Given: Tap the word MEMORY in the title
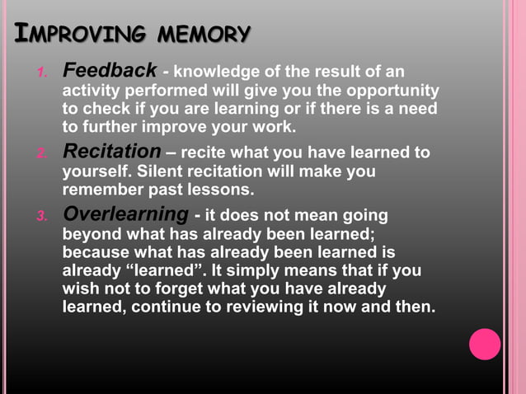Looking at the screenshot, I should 204,35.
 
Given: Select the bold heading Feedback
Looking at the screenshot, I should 110,70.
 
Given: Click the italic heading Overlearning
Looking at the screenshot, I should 125,214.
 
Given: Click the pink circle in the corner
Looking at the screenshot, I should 485,344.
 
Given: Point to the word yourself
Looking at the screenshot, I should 96,171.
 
